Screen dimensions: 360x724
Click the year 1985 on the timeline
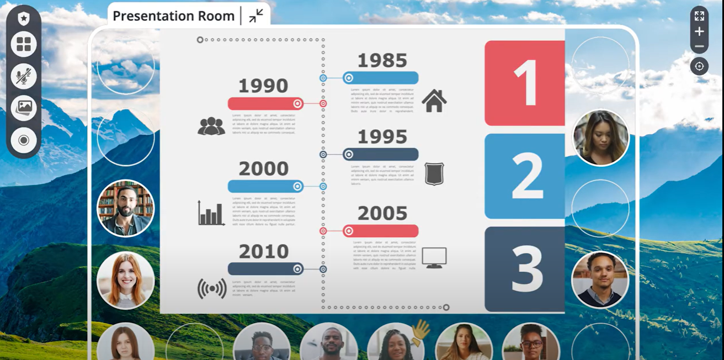(x=382, y=61)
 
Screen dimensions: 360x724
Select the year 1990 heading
(x=263, y=86)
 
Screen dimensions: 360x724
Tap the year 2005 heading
(x=382, y=214)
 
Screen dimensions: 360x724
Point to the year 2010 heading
(x=264, y=252)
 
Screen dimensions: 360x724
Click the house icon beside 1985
(x=434, y=101)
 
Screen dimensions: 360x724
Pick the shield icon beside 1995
(x=434, y=173)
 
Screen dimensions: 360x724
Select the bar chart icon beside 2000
(x=211, y=213)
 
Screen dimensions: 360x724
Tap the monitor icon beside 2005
(x=434, y=257)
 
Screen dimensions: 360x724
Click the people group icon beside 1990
(x=211, y=126)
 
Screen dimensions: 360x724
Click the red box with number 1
(x=525, y=83)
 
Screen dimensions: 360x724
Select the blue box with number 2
(x=525, y=176)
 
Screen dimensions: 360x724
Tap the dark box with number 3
(x=525, y=269)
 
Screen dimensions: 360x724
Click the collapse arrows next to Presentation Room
(x=256, y=16)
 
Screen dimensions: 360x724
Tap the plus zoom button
(x=699, y=31)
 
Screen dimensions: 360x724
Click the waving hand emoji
(x=421, y=332)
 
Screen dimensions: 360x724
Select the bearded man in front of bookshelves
(x=126, y=209)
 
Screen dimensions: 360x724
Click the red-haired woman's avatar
(x=126, y=280)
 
